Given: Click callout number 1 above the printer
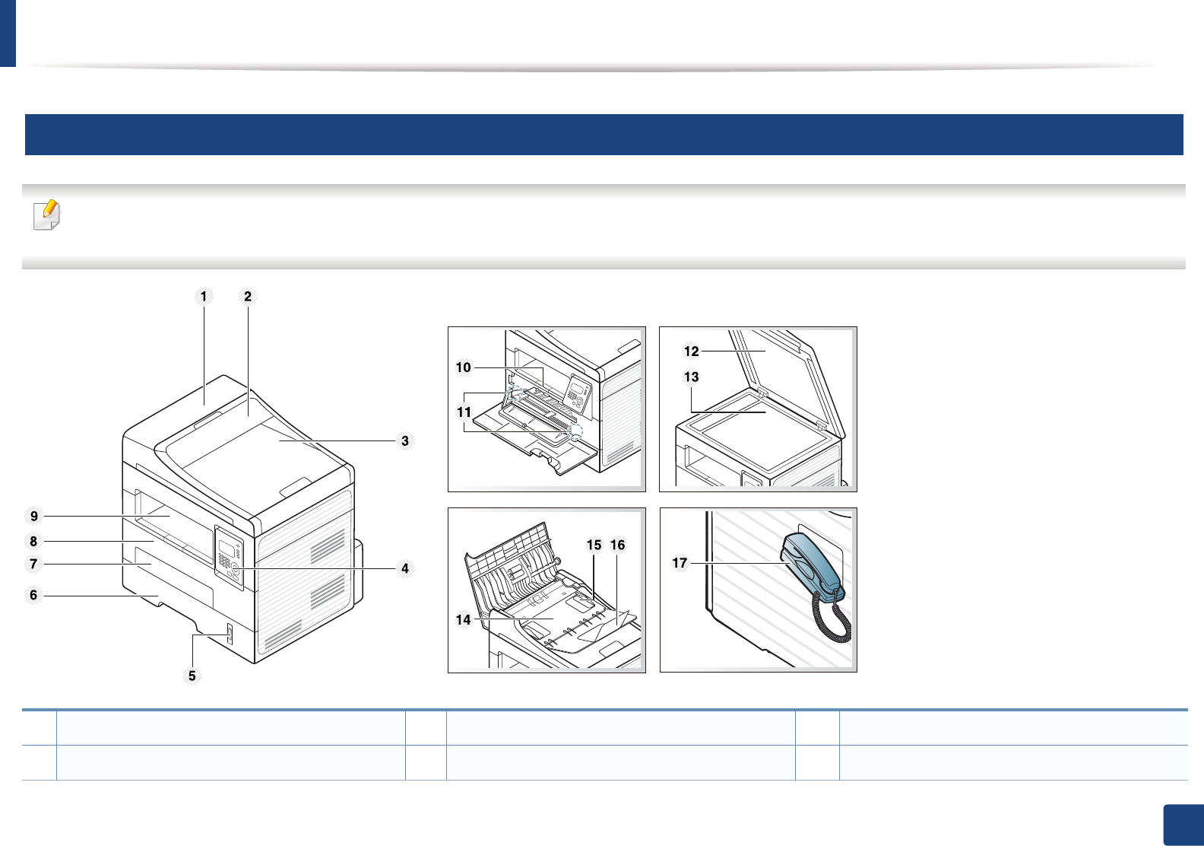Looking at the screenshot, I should [204, 297].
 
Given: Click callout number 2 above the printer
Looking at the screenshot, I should [248, 297].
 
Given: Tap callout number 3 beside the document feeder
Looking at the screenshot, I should [405, 441].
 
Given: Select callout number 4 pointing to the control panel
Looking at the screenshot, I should [405, 568].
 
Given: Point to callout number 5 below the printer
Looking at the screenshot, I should [192, 676].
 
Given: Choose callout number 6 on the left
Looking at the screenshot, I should [33, 595].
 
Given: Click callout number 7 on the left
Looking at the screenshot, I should [33, 564].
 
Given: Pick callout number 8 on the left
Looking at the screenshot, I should [33, 542].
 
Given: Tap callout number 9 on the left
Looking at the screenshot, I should [33, 517].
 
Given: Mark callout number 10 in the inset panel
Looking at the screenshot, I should [464, 367].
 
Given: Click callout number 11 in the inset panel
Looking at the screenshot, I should [464, 412].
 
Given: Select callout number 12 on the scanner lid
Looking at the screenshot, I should [691, 351].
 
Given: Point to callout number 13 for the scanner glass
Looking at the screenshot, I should [691, 377].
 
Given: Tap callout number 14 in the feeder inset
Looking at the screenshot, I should [464, 620].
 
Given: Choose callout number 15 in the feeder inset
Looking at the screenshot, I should [594, 545].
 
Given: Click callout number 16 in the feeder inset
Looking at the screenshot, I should [618, 545].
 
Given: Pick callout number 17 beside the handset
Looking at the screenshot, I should [680, 563].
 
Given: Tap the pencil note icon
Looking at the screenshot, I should [47, 215].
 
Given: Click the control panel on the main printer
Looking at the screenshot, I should [229, 559].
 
